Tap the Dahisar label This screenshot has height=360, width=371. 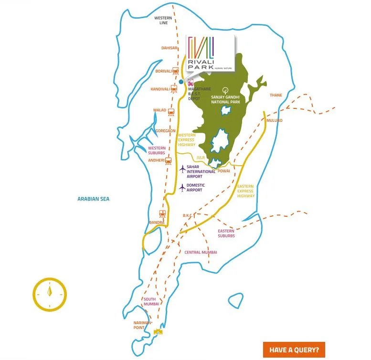[x=170, y=48]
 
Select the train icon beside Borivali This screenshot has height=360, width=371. [x=176, y=71]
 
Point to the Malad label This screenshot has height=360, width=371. [x=159, y=110]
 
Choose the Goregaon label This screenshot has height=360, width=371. [x=165, y=130]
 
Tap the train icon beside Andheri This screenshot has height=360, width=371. [x=168, y=160]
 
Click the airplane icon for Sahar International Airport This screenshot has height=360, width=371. [x=182, y=169]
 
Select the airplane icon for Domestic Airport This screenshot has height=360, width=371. [x=182, y=188]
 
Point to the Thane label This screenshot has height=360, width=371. [x=276, y=95]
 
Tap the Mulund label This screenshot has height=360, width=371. [x=275, y=120]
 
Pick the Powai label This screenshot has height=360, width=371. [x=223, y=170]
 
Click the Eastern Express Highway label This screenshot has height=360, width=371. [x=246, y=191]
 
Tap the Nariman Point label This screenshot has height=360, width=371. [x=142, y=325]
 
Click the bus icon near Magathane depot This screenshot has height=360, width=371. [x=191, y=82]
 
